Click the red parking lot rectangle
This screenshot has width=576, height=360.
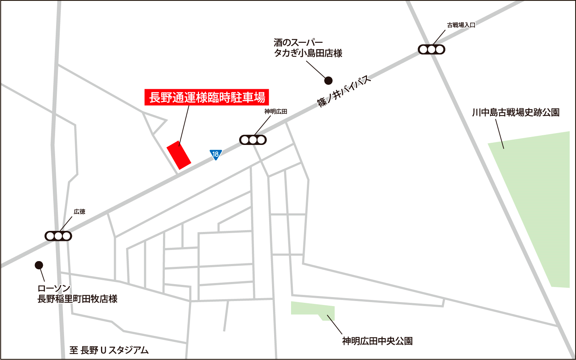(x=179, y=155)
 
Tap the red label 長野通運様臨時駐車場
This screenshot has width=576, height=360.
(x=207, y=97)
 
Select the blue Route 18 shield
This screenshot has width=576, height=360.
(x=216, y=155)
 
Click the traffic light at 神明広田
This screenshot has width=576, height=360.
(x=253, y=140)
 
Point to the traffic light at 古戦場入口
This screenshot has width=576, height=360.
(x=431, y=49)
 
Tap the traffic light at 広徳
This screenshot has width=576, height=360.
(x=58, y=236)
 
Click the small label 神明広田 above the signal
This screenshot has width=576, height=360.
(x=276, y=111)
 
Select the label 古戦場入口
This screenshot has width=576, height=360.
(x=461, y=25)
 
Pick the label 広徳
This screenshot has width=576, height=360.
(x=80, y=212)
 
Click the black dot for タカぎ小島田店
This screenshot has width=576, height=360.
(x=328, y=81)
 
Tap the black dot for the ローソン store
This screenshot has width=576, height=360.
(x=39, y=265)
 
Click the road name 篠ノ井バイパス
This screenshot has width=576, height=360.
(x=344, y=91)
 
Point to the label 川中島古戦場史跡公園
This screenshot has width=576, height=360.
(x=516, y=113)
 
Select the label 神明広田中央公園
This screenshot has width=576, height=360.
(x=377, y=341)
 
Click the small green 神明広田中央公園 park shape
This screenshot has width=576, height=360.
(x=312, y=310)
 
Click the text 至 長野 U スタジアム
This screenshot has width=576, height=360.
(x=109, y=350)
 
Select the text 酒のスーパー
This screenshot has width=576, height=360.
(x=298, y=42)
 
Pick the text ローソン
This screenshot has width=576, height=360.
(x=54, y=288)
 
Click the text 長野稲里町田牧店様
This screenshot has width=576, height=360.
(x=77, y=299)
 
